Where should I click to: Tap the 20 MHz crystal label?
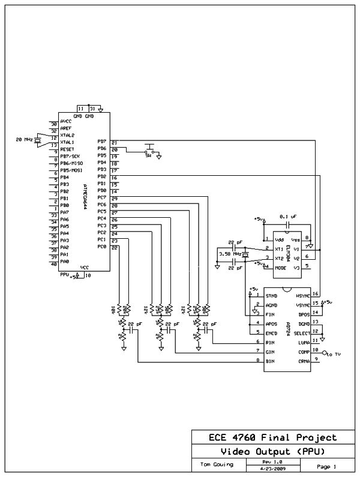(24, 139)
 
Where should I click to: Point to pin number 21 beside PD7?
(114, 142)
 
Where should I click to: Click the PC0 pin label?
(101, 247)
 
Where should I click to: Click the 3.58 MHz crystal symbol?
(245, 254)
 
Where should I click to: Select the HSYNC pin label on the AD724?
(302, 296)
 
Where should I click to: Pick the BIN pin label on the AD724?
(271, 361)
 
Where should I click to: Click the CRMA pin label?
(304, 361)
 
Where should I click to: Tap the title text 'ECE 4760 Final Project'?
(272, 437)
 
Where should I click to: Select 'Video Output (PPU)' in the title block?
(272, 451)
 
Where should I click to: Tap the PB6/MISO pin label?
(71, 163)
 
